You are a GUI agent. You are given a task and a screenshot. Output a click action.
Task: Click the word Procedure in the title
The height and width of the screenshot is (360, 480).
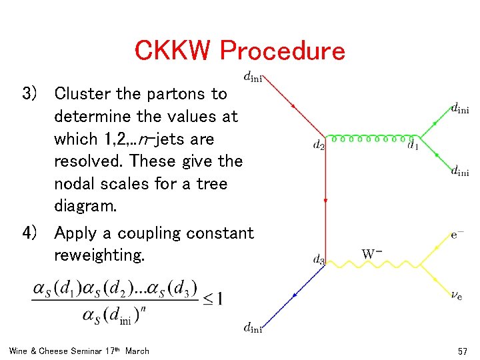click(283, 51)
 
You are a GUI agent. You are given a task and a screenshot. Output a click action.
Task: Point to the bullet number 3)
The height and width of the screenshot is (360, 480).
click(33, 93)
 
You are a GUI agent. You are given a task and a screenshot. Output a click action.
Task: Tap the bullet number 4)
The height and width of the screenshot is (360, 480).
click(33, 233)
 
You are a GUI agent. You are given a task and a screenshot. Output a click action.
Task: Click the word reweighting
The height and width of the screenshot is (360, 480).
click(99, 255)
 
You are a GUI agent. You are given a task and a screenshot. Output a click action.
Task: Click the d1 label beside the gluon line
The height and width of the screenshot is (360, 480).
click(413, 145)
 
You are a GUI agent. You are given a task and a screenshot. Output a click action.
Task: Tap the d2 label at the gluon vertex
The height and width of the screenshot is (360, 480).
click(318, 145)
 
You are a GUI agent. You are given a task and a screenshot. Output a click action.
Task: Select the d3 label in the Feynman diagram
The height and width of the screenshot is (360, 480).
click(319, 260)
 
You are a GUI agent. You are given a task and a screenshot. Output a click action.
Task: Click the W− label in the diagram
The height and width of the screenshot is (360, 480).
click(372, 254)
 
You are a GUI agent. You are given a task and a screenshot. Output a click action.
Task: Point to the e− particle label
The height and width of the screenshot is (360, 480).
click(458, 235)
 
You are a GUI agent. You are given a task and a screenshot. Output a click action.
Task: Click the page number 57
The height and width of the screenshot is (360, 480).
click(463, 351)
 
